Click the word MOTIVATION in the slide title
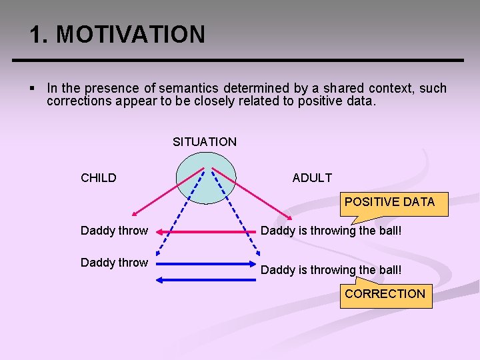(x=131, y=34)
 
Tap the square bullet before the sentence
(x=33, y=89)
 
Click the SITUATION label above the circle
(x=204, y=141)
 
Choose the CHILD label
(x=98, y=178)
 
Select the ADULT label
(x=311, y=178)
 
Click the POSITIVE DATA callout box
(x=389, y=202)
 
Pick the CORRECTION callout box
(x=385, y=294)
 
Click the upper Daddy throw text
(x=114, y=231)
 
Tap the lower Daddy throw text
(x=114, y=263)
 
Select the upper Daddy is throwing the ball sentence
(x=331, y=231)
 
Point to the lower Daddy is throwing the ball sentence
(x=331, y=270)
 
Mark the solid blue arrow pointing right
(x=207, y=265)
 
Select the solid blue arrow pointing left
(x=207, y=279)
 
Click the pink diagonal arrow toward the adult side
(x=253, y=193)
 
